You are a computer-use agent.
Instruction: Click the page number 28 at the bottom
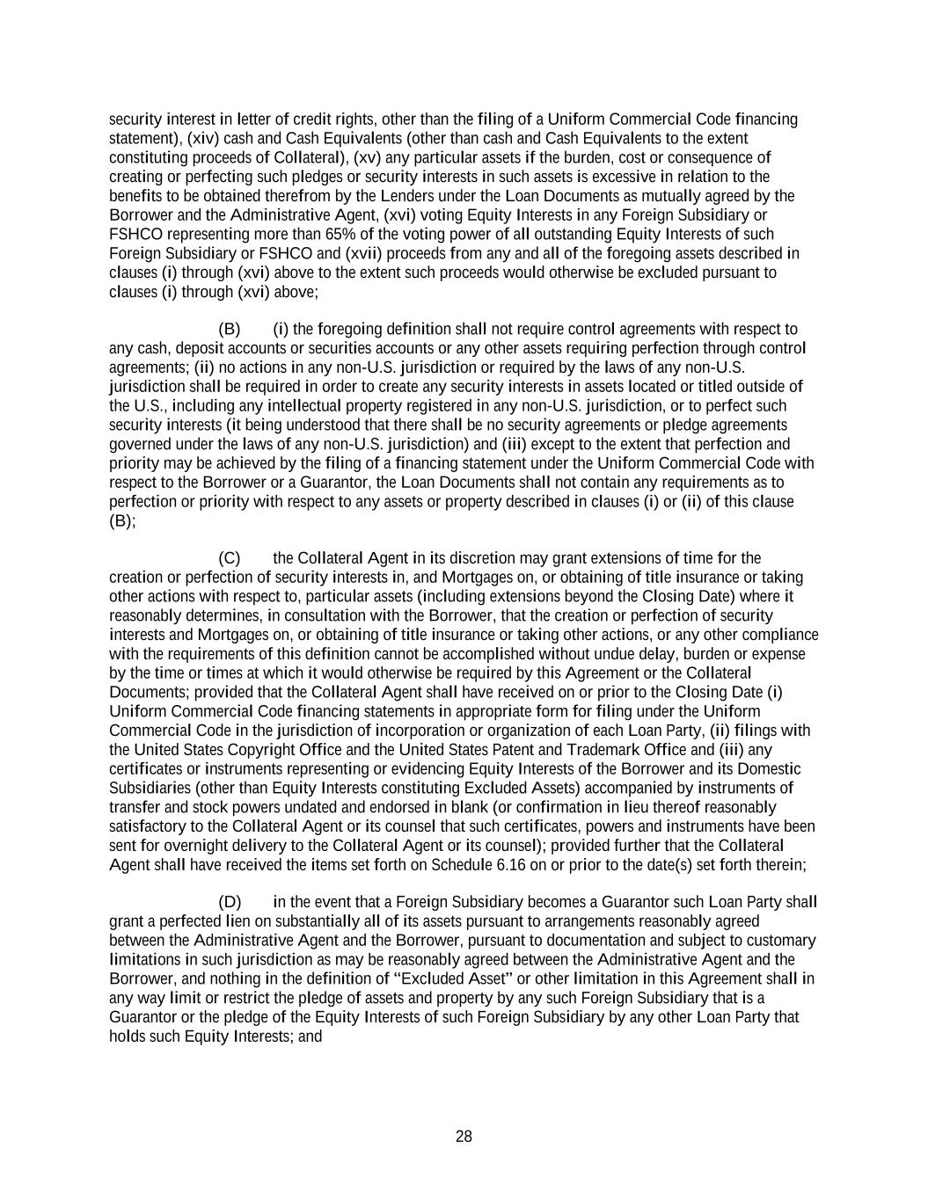pos(464,1137)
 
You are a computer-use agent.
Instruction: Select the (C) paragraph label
pos(229,558)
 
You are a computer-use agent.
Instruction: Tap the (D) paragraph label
pos(230,902)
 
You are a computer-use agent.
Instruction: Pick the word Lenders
pos(423,196)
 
